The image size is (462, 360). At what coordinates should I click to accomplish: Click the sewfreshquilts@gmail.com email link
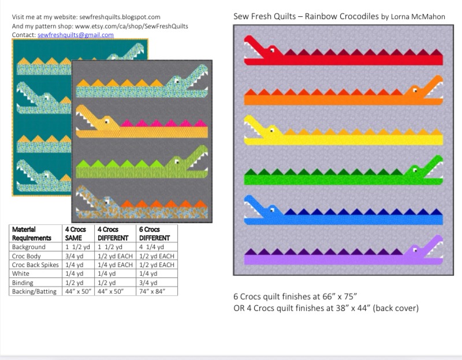(76, 35)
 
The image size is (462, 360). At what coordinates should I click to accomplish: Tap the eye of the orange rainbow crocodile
(416, 90)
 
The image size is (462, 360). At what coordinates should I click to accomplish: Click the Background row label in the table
(28, 247)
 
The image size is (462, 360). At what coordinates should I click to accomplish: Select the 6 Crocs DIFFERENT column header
(155, 233)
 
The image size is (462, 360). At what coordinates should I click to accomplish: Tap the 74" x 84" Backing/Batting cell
(154, 292)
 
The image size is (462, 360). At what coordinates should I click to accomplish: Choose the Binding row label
(23, 283)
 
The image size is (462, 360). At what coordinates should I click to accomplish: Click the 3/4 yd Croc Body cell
(74, 256)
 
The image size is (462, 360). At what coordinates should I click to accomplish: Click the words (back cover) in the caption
(396, 307)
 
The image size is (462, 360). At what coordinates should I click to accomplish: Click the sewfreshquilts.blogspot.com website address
(118, 17)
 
